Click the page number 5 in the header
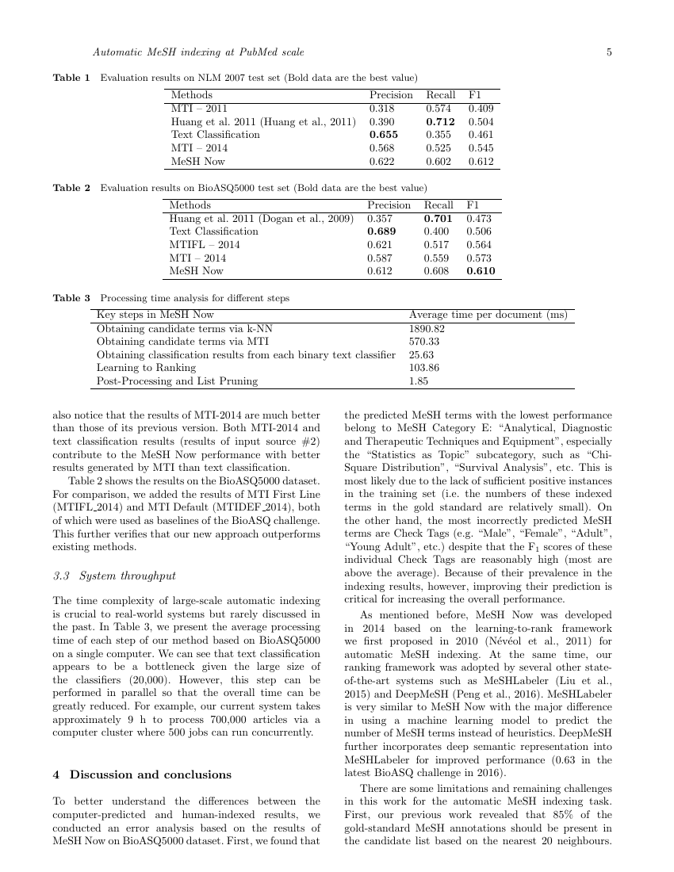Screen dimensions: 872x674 [609, 52]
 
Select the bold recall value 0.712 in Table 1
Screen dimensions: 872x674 [440, 121]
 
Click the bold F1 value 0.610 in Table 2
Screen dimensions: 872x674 [481, 271]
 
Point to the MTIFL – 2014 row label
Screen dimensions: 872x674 [205, 244]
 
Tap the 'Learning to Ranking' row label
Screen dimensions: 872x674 [146, 368]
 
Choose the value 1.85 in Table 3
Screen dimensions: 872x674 [418, 381]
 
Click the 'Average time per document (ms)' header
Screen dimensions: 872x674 [488, 314]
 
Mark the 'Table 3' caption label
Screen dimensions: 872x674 [71, 298]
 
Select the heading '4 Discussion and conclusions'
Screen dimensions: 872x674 [142, 774]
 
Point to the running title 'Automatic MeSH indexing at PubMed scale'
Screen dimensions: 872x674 [198, 52]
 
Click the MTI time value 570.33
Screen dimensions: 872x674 [423, 341]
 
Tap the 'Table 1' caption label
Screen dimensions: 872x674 [71, 78]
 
